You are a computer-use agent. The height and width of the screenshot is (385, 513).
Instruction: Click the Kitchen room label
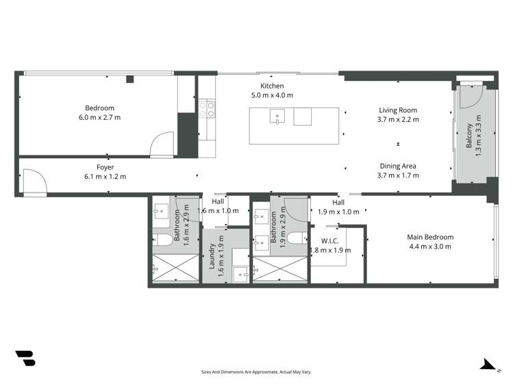click(x=271, y=86)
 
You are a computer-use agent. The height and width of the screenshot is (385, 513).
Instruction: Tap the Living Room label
click(x=397, y=110)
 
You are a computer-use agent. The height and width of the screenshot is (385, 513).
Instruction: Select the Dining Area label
click(x=397, y=166)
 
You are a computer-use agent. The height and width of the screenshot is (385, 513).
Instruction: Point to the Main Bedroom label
click(x=430, y=237)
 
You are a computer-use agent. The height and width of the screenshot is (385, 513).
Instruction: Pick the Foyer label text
click(x=105, y=167)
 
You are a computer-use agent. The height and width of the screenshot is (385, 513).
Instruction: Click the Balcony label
click(x=469, y=136)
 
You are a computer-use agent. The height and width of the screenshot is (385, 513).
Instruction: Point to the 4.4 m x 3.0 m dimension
click(x=430, y=247)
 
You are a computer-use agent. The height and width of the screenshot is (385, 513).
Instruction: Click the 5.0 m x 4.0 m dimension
click(x=271, y=95)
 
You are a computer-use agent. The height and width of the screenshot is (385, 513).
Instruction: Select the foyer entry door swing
click(x=34, y=182)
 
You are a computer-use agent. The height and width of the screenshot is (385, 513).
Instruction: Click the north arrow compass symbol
click(x=488, y=364)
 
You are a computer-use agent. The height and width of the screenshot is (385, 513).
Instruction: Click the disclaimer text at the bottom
click(x=256, y=372)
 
